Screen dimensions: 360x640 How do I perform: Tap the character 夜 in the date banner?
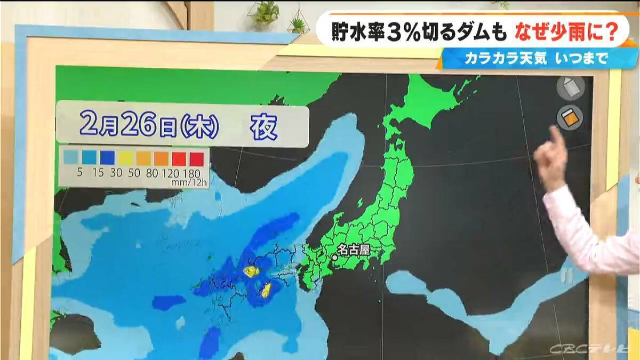[264, 127]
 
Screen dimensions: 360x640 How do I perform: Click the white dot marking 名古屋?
[334, 258]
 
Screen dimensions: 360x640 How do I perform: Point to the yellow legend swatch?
[126, 157]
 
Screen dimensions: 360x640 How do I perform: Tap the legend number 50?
[126, 172]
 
